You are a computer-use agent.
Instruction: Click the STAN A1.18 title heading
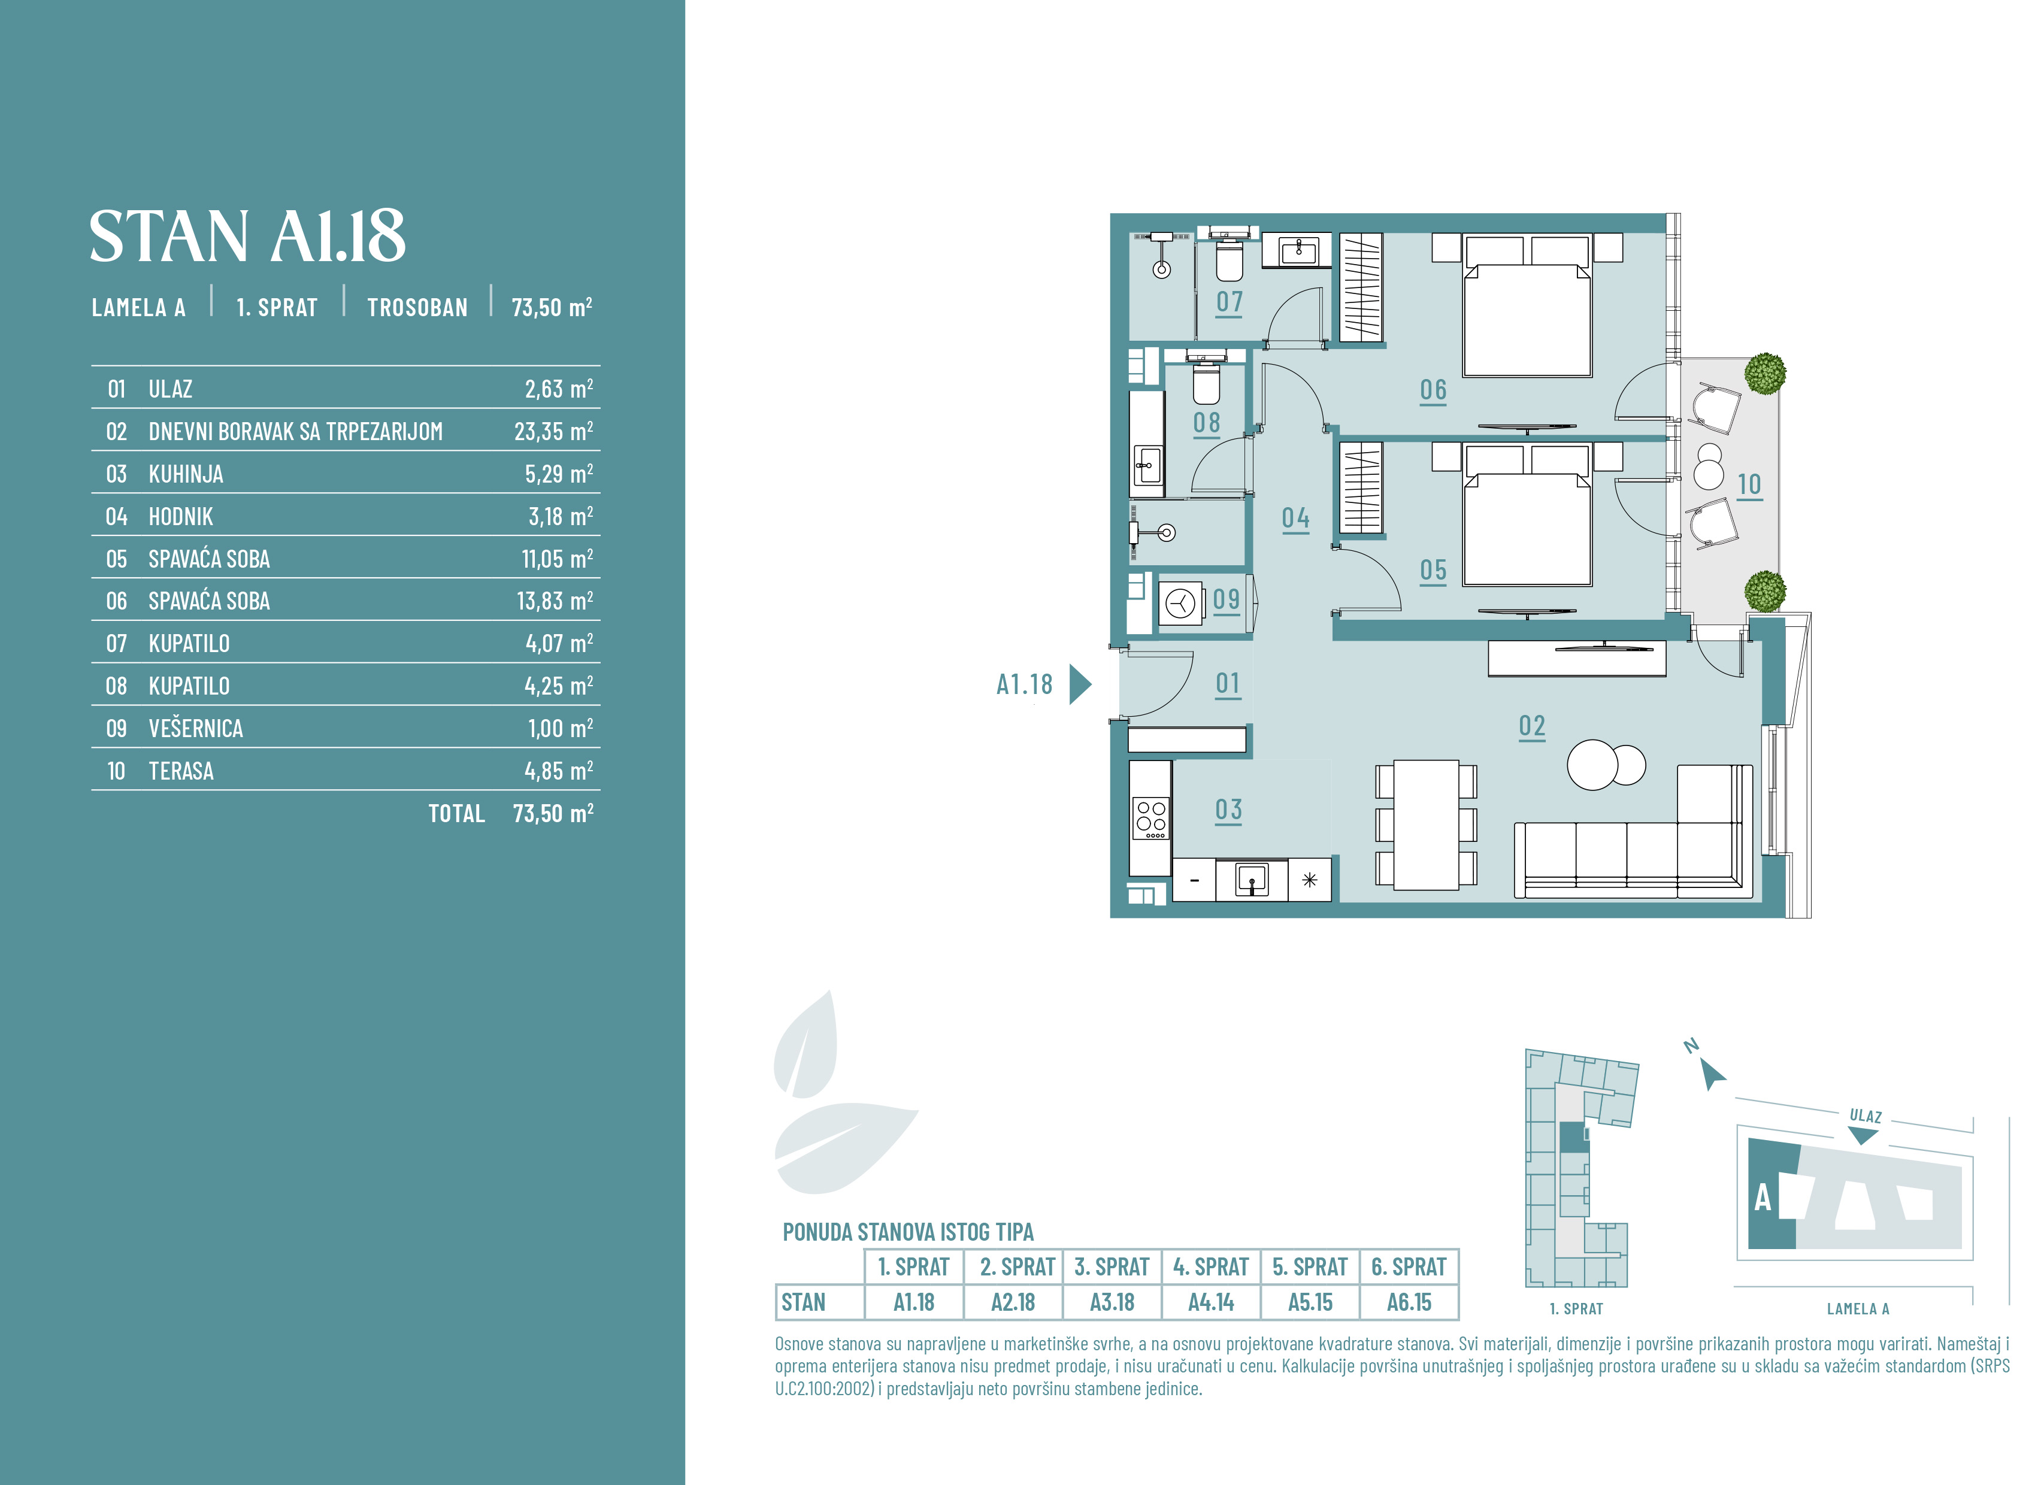[247, 237]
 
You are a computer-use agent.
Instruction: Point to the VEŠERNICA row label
[195, 728]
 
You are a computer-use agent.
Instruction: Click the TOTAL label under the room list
[456, 814]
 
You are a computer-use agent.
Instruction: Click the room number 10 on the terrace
[1749, 484]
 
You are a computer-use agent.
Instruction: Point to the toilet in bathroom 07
[1229, 258]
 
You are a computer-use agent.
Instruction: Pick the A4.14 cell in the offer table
[1211, 1302]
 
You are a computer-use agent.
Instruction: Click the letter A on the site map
[1763, 1198]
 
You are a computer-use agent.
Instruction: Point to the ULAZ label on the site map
[1865, 1116]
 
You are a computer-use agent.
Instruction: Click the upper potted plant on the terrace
[1764, 373]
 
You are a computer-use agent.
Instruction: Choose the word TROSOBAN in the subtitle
[417, 307]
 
